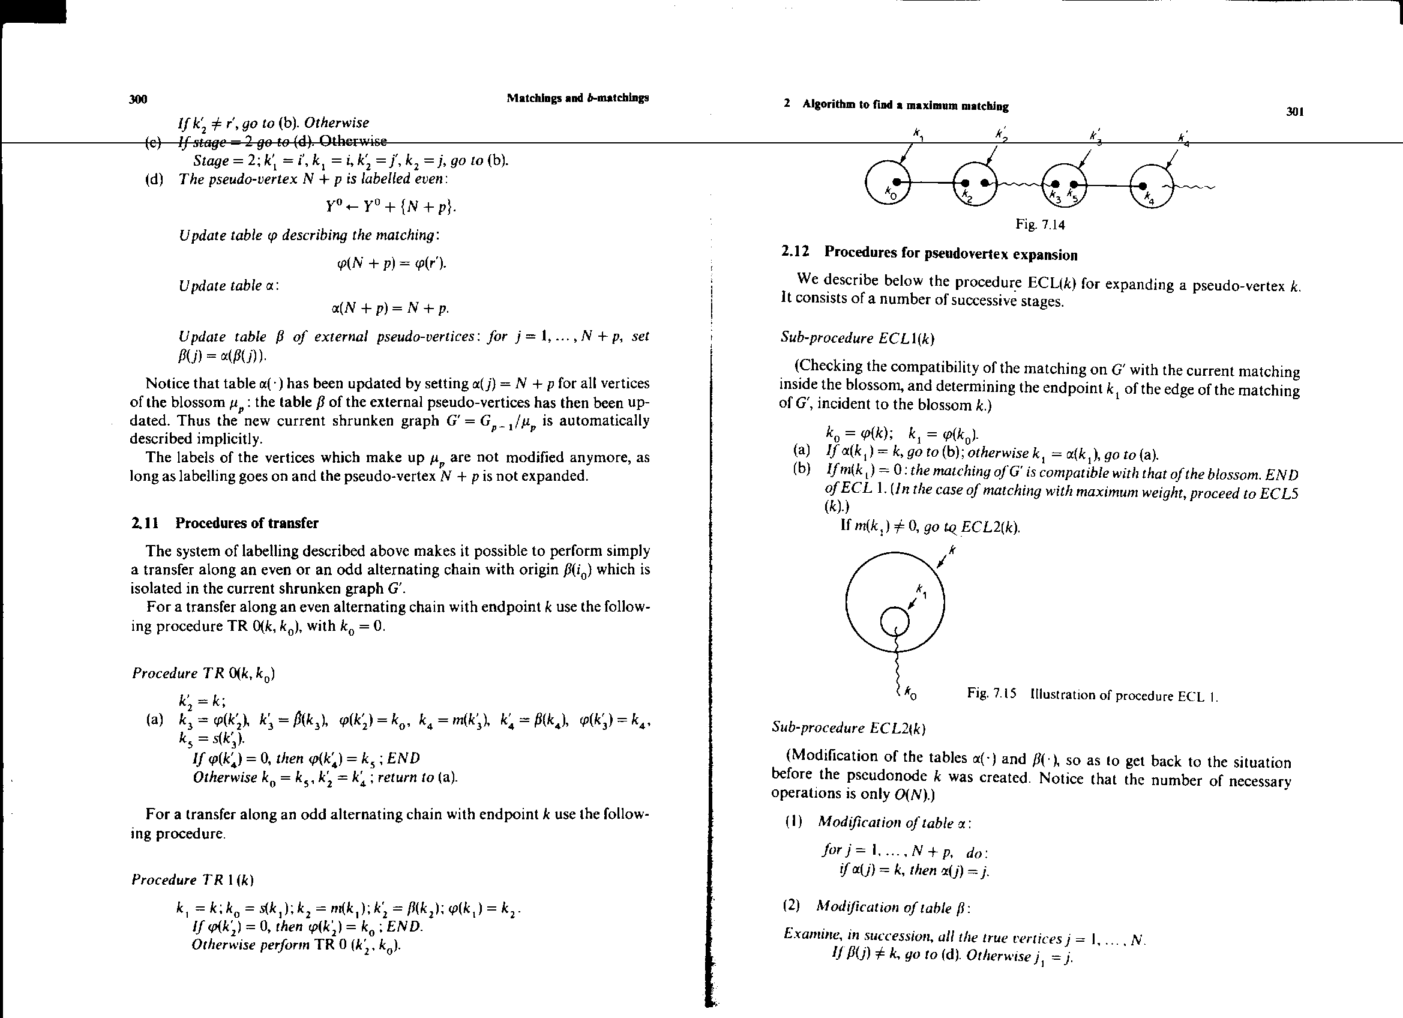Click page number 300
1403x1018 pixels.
pyautogui.click(x=138, y=100)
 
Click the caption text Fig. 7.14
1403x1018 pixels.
pyautogui.click(x=1040, y=224)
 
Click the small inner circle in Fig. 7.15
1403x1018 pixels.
pyautogui.click(x=895, y=621)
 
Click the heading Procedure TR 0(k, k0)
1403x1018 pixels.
pyautogui.click(x=203, y=673)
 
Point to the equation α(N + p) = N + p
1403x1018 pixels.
pyautogui.click(x=389, y=307)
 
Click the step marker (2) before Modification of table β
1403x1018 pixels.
pyautogui.click(x=792, y=906)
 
